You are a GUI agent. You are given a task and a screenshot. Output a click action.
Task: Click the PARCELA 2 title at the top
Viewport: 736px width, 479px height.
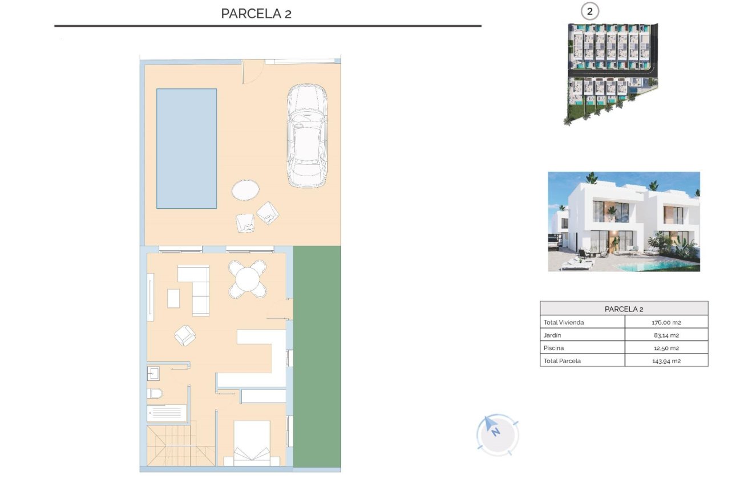click(x=256, y=14)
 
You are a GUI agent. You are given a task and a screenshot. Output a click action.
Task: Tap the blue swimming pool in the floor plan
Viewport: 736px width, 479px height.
click(x=187, y=148)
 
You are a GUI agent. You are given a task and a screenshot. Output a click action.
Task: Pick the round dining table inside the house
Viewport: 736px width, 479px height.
click(x=248, y=279)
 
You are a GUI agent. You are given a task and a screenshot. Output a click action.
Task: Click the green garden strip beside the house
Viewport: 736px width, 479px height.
click(x=317, y=356)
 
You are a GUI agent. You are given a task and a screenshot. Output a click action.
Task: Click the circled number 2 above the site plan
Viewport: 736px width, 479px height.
click(x=590, y=11)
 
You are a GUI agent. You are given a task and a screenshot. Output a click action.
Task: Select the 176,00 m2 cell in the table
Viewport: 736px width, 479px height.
click(x=666, y=322)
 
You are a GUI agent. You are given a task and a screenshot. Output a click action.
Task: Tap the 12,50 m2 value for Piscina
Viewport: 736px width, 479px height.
click(x=666, y=348)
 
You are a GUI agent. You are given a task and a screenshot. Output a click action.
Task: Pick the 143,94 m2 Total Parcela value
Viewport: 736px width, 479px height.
click(x=666, y=361)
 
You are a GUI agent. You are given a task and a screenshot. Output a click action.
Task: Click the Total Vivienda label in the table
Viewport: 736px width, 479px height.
click(x=564, y=322)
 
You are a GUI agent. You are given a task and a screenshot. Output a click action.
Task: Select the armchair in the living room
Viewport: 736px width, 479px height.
click(x=185, y=335)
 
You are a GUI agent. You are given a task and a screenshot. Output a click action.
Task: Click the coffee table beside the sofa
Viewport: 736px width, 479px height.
click(x=173, y=298)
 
